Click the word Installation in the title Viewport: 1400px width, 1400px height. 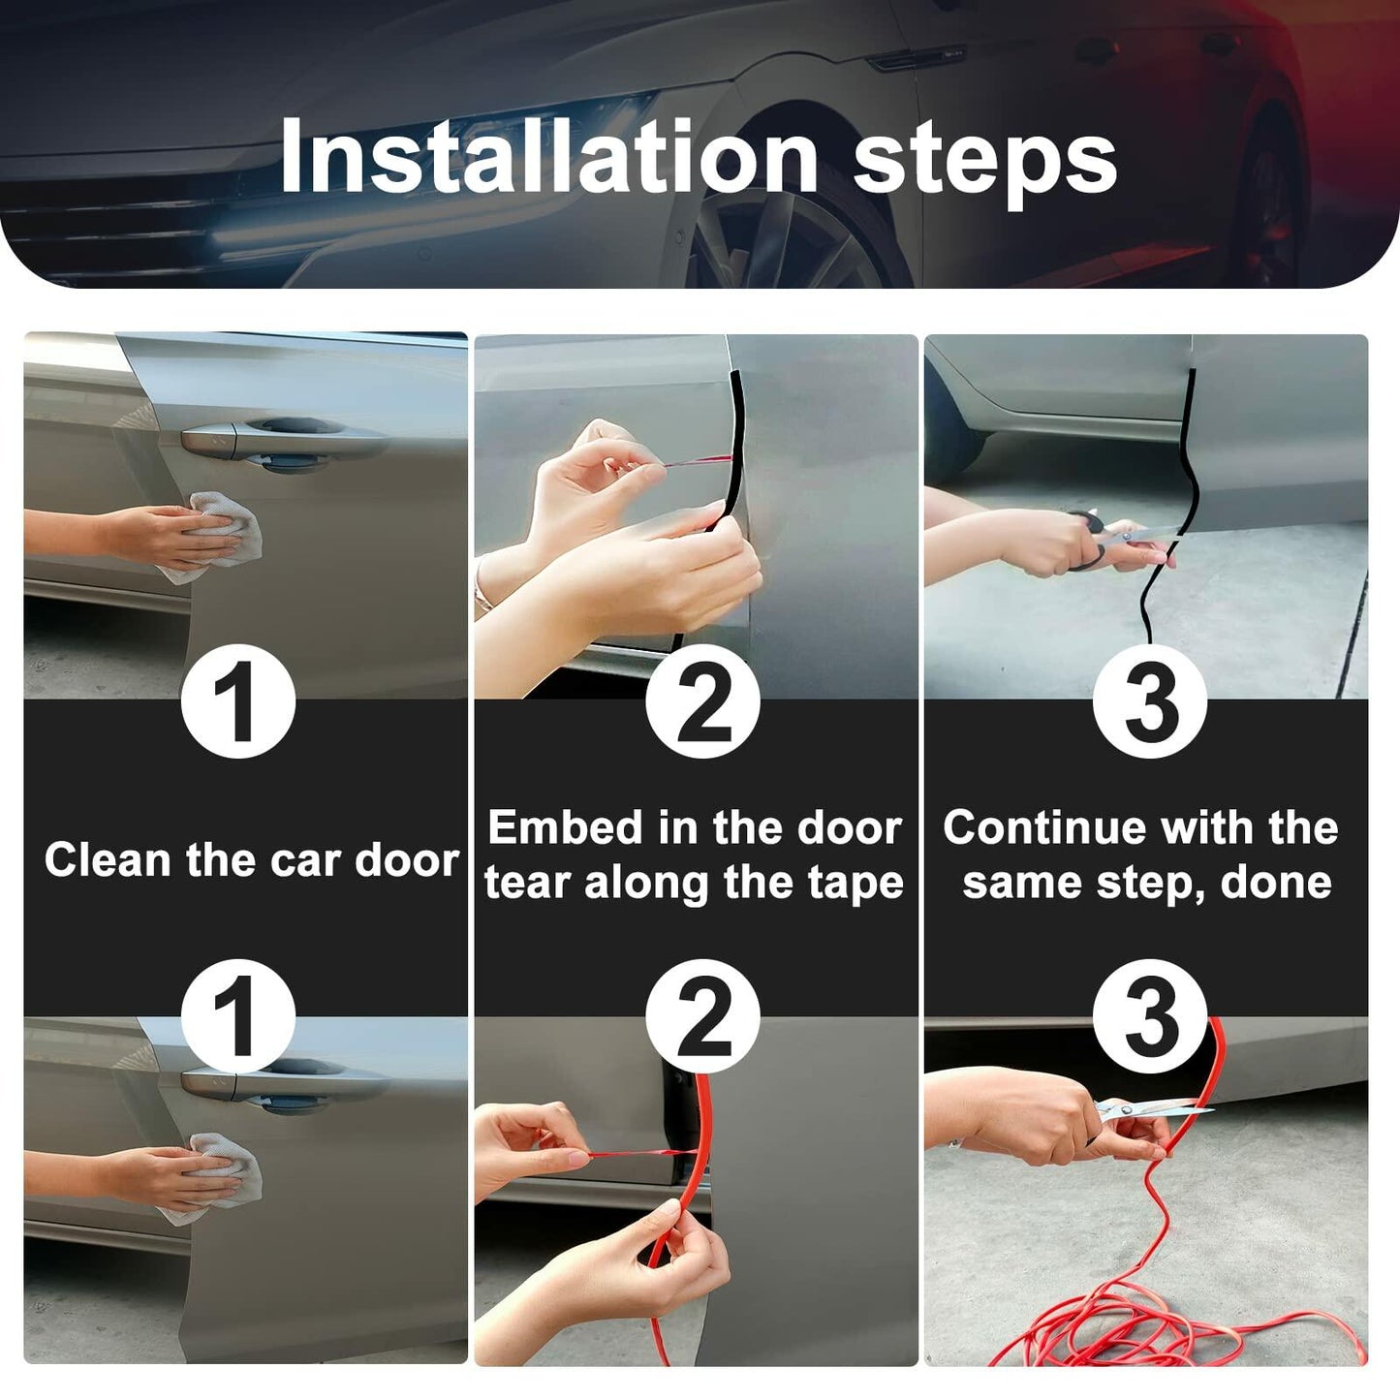click(547, 157)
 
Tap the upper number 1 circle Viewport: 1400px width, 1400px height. click(237, 700)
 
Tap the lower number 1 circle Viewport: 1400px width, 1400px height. click(237, 1015)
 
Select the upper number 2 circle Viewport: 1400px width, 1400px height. click(702, 700)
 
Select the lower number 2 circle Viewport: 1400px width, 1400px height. click(702, 1015)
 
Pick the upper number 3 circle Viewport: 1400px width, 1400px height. click(1149, 700)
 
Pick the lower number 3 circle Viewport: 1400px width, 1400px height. click(1149, 1015)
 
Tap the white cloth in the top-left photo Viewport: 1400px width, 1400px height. click(225, 533)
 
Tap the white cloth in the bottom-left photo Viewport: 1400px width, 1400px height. click(225, 1174)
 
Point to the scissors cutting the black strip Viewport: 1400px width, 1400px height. click(1114, 538)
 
